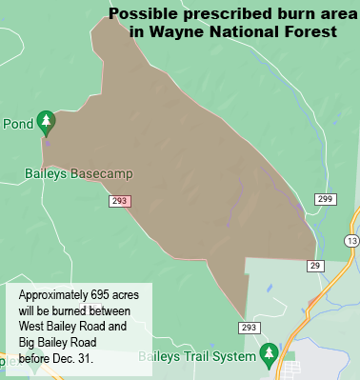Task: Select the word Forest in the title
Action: point(310,31)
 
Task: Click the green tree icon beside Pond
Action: point(45,122)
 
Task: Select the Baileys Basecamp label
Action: point(77,174)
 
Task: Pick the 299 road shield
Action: point(325,199)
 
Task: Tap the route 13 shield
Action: point(353,241)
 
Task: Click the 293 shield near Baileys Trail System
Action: point(250,328)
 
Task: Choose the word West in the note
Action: point(33,327)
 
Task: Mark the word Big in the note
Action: point(27,342)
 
